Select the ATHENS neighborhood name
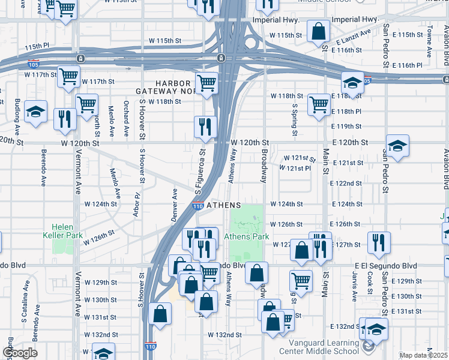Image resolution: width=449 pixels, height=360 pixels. point(224,205)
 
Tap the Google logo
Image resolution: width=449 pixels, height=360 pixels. point(19,352)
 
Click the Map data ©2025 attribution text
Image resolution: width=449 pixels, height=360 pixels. point(424,355)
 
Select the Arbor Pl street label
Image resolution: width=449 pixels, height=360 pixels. point(137,204)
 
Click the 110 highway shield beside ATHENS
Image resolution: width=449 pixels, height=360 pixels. point(197,206)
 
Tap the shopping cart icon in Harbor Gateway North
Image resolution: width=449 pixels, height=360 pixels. point(207,82)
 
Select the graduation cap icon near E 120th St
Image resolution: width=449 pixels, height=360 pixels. point(397,145)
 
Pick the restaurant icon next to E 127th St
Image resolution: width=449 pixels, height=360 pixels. point(378,243)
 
